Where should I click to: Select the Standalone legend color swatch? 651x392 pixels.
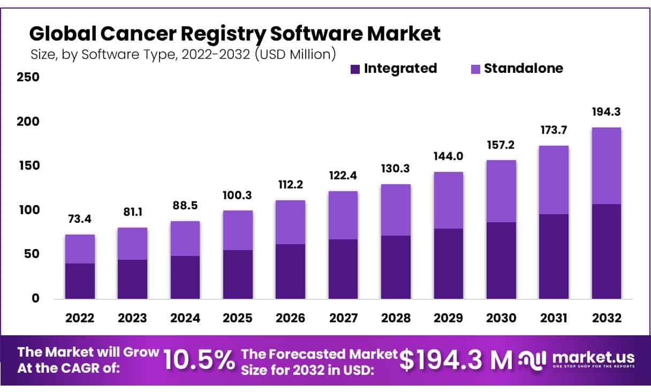475,69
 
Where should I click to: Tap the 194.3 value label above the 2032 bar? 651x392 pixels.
606,113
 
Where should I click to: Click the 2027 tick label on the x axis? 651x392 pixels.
343,318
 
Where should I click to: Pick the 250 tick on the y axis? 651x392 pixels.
28,77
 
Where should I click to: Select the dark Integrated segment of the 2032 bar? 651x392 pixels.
606,251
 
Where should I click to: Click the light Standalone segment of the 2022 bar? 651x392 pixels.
80,249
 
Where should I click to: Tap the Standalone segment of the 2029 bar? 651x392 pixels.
448,200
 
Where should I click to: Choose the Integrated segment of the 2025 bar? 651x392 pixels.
238,274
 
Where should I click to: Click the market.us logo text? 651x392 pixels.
593,358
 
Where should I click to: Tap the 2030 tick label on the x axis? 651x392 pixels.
501,318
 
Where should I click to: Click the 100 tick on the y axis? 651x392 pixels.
28,210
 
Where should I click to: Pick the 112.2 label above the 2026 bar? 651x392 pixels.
290,186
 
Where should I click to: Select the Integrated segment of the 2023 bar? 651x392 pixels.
132,279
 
